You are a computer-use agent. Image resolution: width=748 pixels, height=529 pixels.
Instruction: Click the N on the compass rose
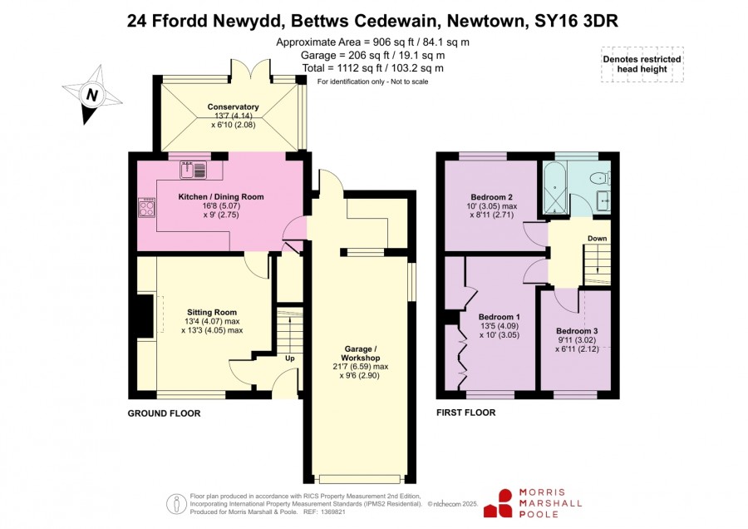pyautogui.click(x=92, y=95)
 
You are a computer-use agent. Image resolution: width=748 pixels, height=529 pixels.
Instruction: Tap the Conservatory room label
pyautogui.click(x=234, y=107)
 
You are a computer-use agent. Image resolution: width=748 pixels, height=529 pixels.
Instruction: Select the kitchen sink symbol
pyautogui.click(x=193, y=170)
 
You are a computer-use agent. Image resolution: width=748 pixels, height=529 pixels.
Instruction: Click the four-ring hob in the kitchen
pyautogui.click(x=147, y=208)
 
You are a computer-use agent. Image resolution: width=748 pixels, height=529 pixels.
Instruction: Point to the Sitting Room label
pyautogui.click(x=212, y=312)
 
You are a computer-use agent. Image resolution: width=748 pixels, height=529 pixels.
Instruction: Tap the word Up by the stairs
pyautogui.click(x=289, y=358)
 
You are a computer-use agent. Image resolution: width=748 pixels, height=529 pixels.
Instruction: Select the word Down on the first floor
pyautogui.click(x=598, y=238)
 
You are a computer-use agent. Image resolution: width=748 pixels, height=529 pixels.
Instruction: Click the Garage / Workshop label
pyautogui.click(x=361, y=353)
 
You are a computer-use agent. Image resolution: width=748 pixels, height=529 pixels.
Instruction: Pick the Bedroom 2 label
pyautogui.click(x=491, y=197)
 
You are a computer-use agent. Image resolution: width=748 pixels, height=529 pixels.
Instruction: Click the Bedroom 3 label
pyautogui.click(x=577, y=331)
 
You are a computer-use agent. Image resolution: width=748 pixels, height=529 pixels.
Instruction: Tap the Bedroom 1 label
pyautogui.click(x=499, y=317)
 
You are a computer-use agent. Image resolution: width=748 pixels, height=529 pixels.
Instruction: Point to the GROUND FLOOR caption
pyautogui.click(x=164, y=413)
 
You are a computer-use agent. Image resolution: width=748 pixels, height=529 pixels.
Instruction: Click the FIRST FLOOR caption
pyautogui.click(x=466, y=413)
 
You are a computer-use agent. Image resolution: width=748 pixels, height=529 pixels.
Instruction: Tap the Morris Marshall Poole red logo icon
pyautogui.click(x=499, y=503)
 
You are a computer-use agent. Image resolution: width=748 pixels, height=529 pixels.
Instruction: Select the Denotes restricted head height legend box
pyautogui.click(x=642, y=64)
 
